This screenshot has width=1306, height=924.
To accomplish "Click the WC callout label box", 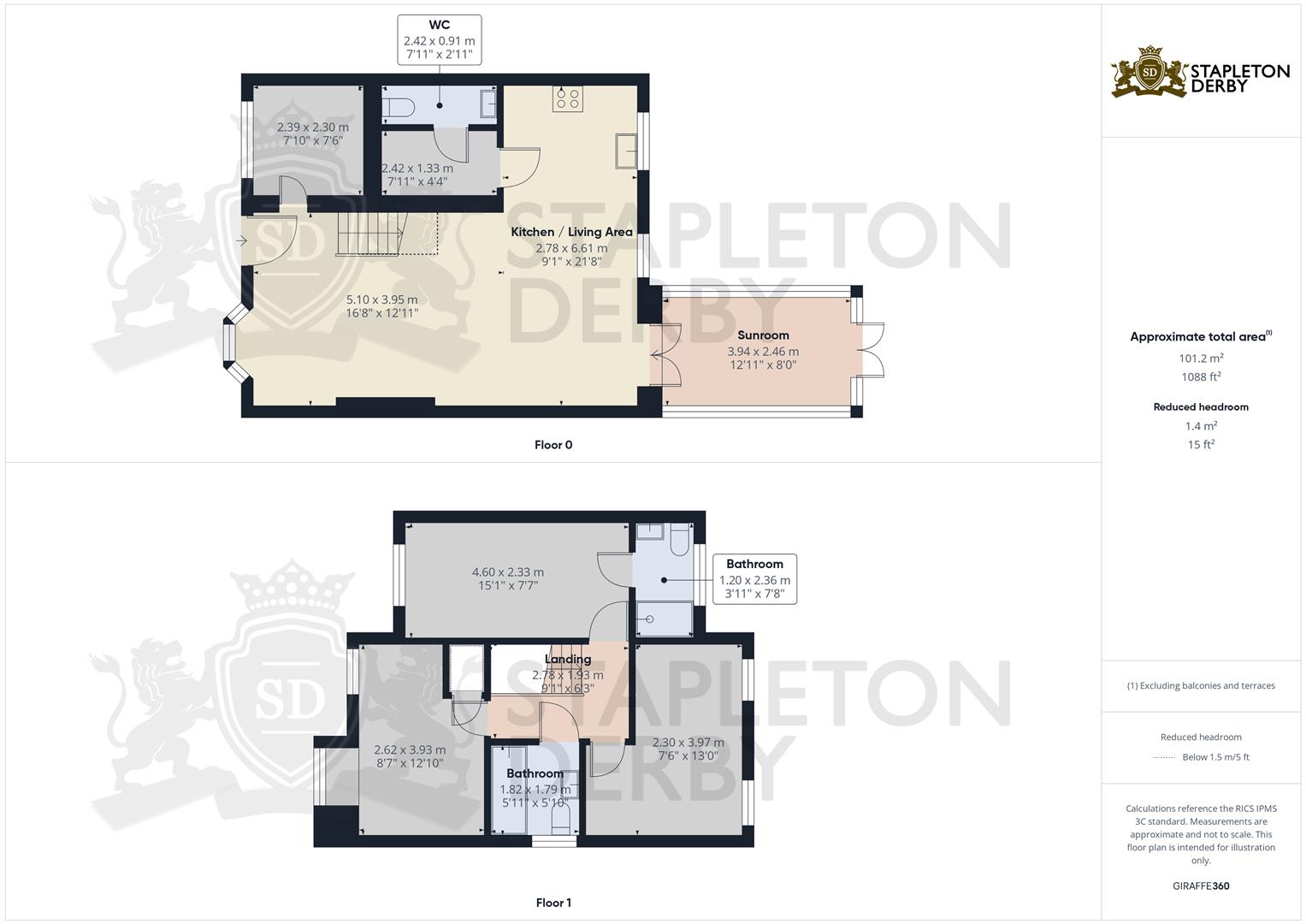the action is (x=440, y=40).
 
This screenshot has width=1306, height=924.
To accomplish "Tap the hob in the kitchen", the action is (x=568, y=98).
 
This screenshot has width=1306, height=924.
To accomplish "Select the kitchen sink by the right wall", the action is (x=625, y=151).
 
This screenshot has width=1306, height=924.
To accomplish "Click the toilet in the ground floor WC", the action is (x=399, y=107).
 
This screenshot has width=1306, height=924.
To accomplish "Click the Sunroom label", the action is (x=763, y=335).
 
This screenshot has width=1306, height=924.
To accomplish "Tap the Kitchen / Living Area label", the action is (x=571, y=232).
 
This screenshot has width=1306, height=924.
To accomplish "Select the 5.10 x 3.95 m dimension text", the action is (x=382, y=299).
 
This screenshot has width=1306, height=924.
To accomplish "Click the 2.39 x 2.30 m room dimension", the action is (x=312, y=127).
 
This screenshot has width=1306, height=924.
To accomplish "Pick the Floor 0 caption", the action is (x=553, y=445).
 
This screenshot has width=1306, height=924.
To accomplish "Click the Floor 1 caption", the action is (x=553, y=903).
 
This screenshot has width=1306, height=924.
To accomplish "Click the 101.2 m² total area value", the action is (x=1201, y=358).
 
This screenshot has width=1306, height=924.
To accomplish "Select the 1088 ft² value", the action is (x=1201, y=376).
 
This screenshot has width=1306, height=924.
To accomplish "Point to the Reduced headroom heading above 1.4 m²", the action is (x=1201, y=407).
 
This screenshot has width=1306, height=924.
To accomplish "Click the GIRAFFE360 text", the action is (x=1201, y=886).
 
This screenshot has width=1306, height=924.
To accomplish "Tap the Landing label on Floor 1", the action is (x=568, y=659).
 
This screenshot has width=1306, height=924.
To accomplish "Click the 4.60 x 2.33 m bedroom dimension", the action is (x=508, y=572).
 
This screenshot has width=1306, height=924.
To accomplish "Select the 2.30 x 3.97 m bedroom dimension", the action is (x=688, y=743).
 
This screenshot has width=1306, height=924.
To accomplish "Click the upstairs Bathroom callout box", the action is (x=755, y=579).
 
